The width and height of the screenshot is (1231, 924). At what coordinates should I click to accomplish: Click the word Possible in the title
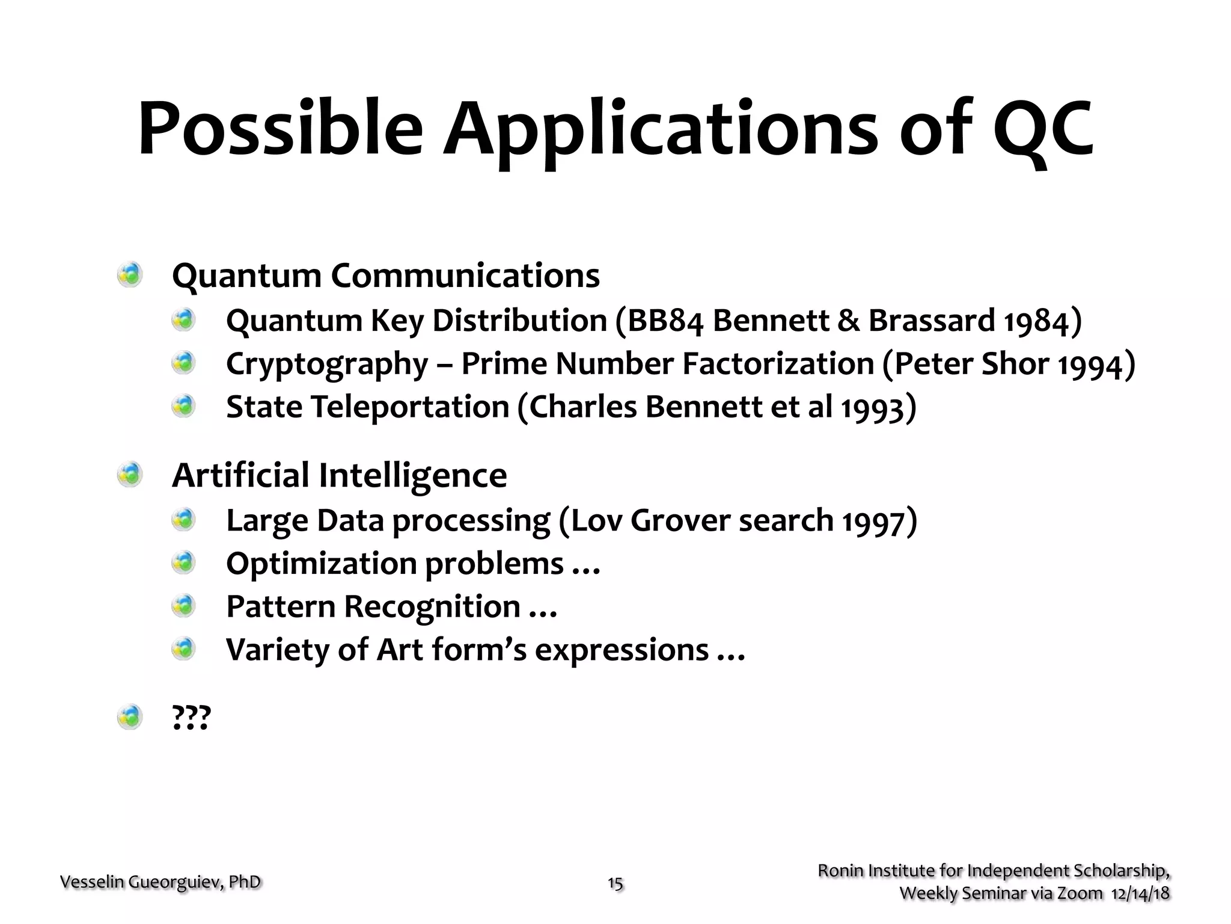point(280,129)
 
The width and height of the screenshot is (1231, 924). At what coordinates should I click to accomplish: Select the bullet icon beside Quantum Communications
point(130,275)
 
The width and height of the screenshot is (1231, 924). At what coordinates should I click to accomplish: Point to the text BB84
point(665,321)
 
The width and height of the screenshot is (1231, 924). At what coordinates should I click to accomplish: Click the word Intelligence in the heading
point(412,476)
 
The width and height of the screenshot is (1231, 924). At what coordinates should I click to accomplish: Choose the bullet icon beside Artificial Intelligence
point(130,475)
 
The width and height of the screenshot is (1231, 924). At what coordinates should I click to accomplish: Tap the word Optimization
point(321,564)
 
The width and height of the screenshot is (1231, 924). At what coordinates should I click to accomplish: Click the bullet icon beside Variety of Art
point(184,649)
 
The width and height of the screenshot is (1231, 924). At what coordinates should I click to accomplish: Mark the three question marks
point(191,717)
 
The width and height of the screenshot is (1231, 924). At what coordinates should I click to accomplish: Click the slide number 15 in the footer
point(615,883)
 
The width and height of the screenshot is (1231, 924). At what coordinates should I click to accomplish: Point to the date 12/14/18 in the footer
point(1140,893)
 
